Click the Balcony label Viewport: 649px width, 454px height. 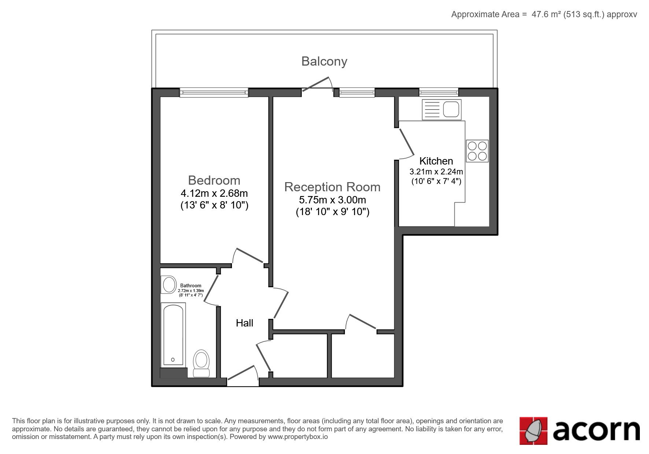click(x=324, y=61)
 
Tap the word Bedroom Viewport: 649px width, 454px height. click(x=214, y=180)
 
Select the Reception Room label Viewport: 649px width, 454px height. click(x=332, y=187)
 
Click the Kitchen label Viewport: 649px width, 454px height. click(x=436, y=161)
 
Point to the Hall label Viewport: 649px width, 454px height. click(x=244, y=323)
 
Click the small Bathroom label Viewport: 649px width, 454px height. click(x=191, y=286)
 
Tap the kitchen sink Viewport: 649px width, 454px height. click(x=442, y=110)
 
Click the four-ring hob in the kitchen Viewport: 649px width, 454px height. click(x=477, y=151)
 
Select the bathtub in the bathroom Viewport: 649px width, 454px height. click(x=173, y=334)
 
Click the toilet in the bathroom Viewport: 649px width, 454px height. click(x=201, y=363)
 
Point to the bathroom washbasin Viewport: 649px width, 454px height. click(x=169, y=285)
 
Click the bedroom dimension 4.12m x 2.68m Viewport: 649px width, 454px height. click(x=214, y=193)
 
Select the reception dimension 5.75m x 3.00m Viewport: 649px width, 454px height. click(x=332, y=200)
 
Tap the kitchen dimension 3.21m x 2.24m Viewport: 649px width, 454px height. click(x=436, y=171)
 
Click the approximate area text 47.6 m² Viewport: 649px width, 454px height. click(x=546, y=14)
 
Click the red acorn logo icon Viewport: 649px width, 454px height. click(x=533, y=431)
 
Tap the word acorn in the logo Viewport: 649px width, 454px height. click(x=596, y=431)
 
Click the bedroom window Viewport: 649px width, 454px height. click(x=214, y=92)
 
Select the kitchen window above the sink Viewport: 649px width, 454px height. click(x=439, y=92)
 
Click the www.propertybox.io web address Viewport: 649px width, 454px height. click(x=298, y=437)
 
